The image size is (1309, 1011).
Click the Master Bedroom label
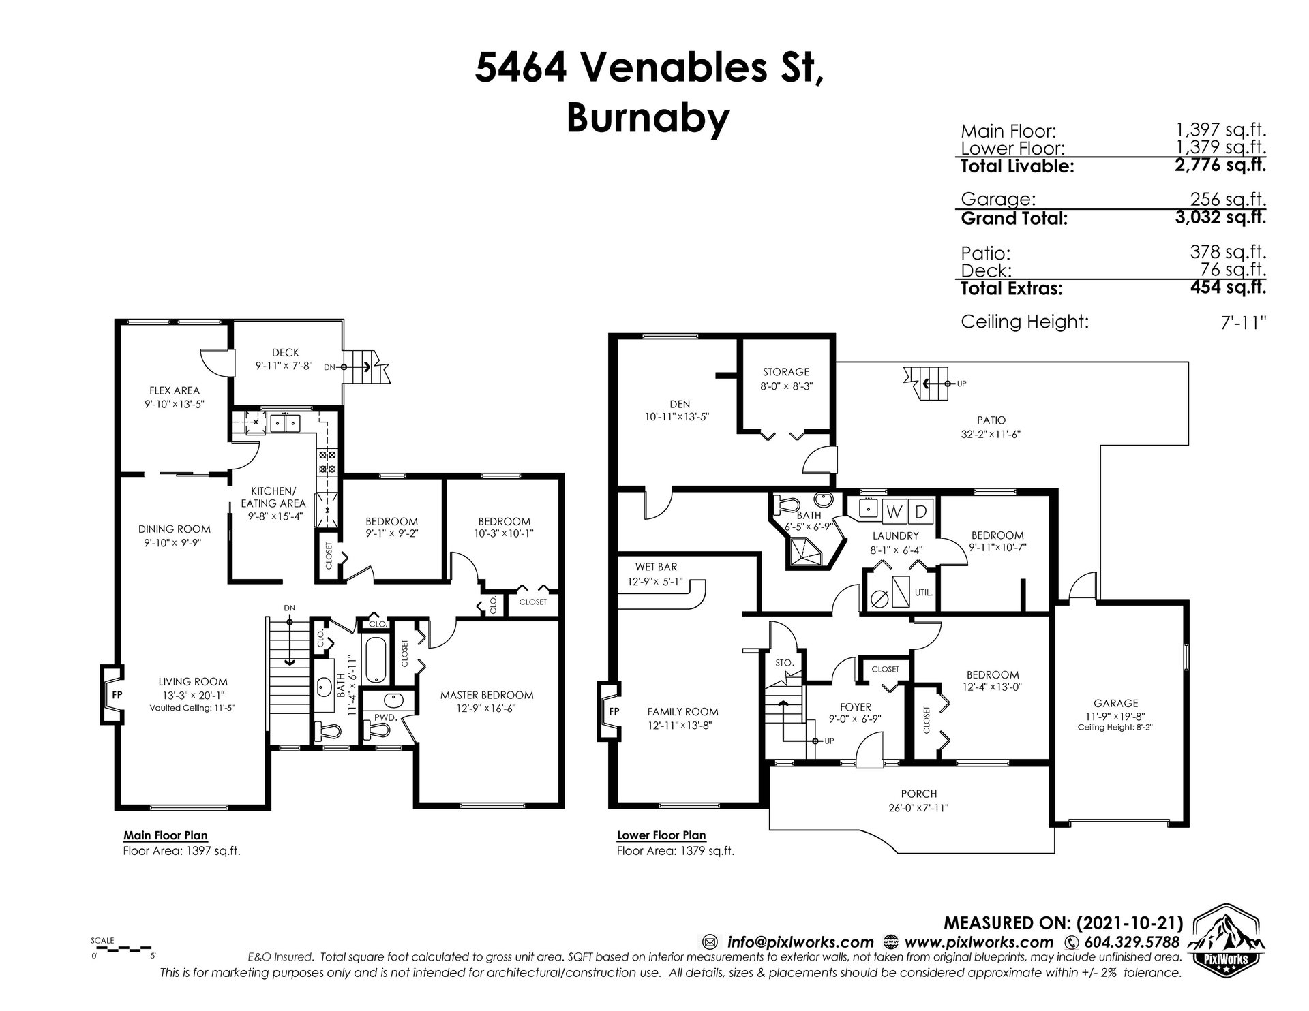[x=486, y=695]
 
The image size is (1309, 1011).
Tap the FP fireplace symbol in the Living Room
[x=112, y=696]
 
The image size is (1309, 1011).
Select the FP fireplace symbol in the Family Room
[x=609, y=711]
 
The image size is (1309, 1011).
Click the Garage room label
[x=1116, y=703]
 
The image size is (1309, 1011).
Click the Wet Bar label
[x=657, y=567]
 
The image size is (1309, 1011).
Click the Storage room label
[x=786, y=372]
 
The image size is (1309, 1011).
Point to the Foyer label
[x=855, y=707]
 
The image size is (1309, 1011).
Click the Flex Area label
[x=175, y=390]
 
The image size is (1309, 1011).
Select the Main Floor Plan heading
[x=166, y=835]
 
